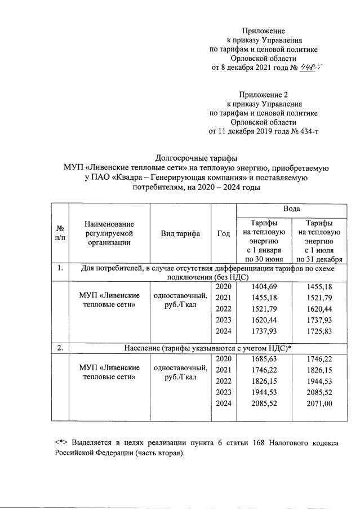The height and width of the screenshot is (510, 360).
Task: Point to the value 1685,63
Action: [262, 359]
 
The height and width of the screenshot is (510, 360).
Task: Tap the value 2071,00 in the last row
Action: [320, 403]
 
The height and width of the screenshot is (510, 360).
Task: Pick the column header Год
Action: [223, 234]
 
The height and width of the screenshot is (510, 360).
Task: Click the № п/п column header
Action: [60, 234]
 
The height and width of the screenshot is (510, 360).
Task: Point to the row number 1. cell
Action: [60, 268]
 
